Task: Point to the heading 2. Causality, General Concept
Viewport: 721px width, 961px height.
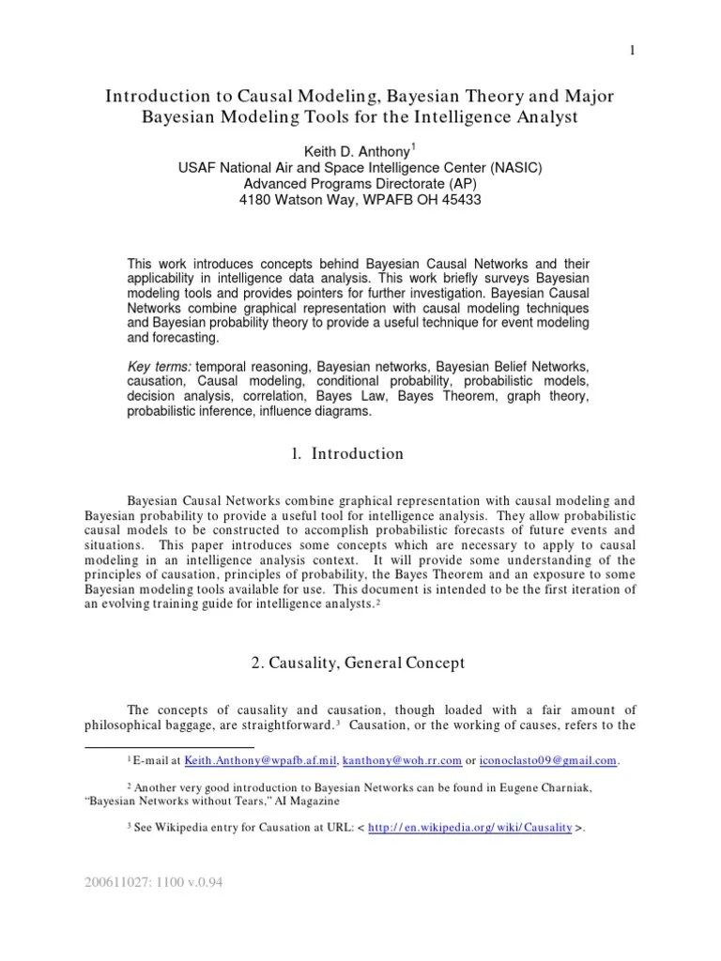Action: click(359, 664)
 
